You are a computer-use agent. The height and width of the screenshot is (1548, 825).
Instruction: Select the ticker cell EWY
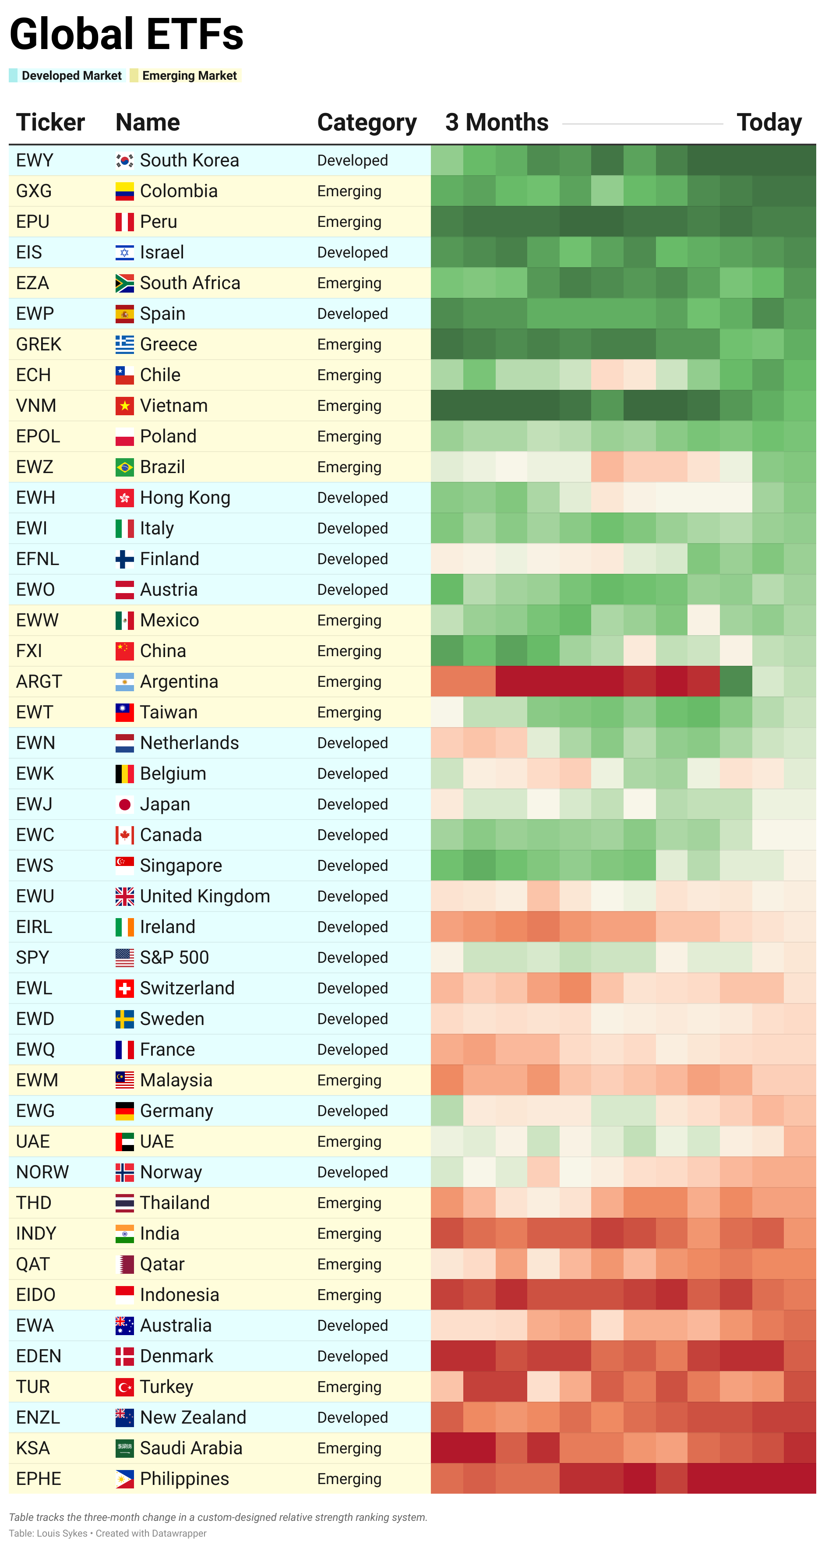35,160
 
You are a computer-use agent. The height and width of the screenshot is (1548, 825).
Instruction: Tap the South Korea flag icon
124,160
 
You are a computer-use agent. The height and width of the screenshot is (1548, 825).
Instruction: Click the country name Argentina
179,682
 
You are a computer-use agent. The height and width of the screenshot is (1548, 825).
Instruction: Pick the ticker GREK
39,344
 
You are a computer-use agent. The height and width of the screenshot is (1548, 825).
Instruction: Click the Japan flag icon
124,804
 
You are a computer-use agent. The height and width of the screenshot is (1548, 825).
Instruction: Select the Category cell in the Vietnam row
349,406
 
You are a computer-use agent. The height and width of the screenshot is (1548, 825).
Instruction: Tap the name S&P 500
174,957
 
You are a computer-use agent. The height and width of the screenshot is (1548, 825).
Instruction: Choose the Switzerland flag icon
124,988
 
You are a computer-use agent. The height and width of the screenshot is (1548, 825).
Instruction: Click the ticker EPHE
39,1478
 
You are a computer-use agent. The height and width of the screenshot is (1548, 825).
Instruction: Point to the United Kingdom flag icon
124,896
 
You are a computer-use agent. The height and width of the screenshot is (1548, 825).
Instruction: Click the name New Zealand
193,1417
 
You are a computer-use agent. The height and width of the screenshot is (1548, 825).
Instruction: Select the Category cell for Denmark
352,1356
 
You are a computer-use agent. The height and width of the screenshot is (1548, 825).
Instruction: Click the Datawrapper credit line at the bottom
108,1533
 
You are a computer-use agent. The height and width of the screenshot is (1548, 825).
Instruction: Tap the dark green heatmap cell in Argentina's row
736,682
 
